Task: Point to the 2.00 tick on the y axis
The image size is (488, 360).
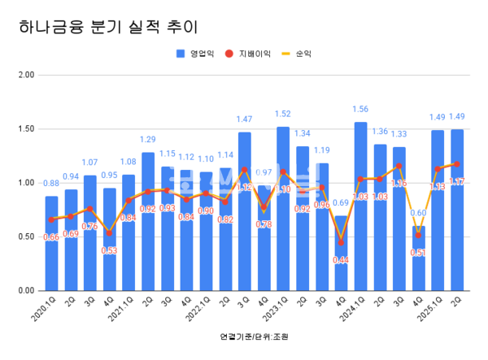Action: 25,75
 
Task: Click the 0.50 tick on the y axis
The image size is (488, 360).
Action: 25,236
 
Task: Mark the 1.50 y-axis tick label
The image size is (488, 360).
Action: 25,129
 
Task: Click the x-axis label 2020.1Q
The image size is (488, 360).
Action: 46,309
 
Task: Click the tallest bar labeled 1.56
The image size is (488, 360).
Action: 360,206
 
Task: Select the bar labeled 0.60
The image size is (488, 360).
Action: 418,258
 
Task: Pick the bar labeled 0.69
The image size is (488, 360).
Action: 341,253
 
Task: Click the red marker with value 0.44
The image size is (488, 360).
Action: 341,242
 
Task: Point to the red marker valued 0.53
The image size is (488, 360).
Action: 109,233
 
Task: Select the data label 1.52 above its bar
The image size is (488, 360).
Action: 283,115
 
